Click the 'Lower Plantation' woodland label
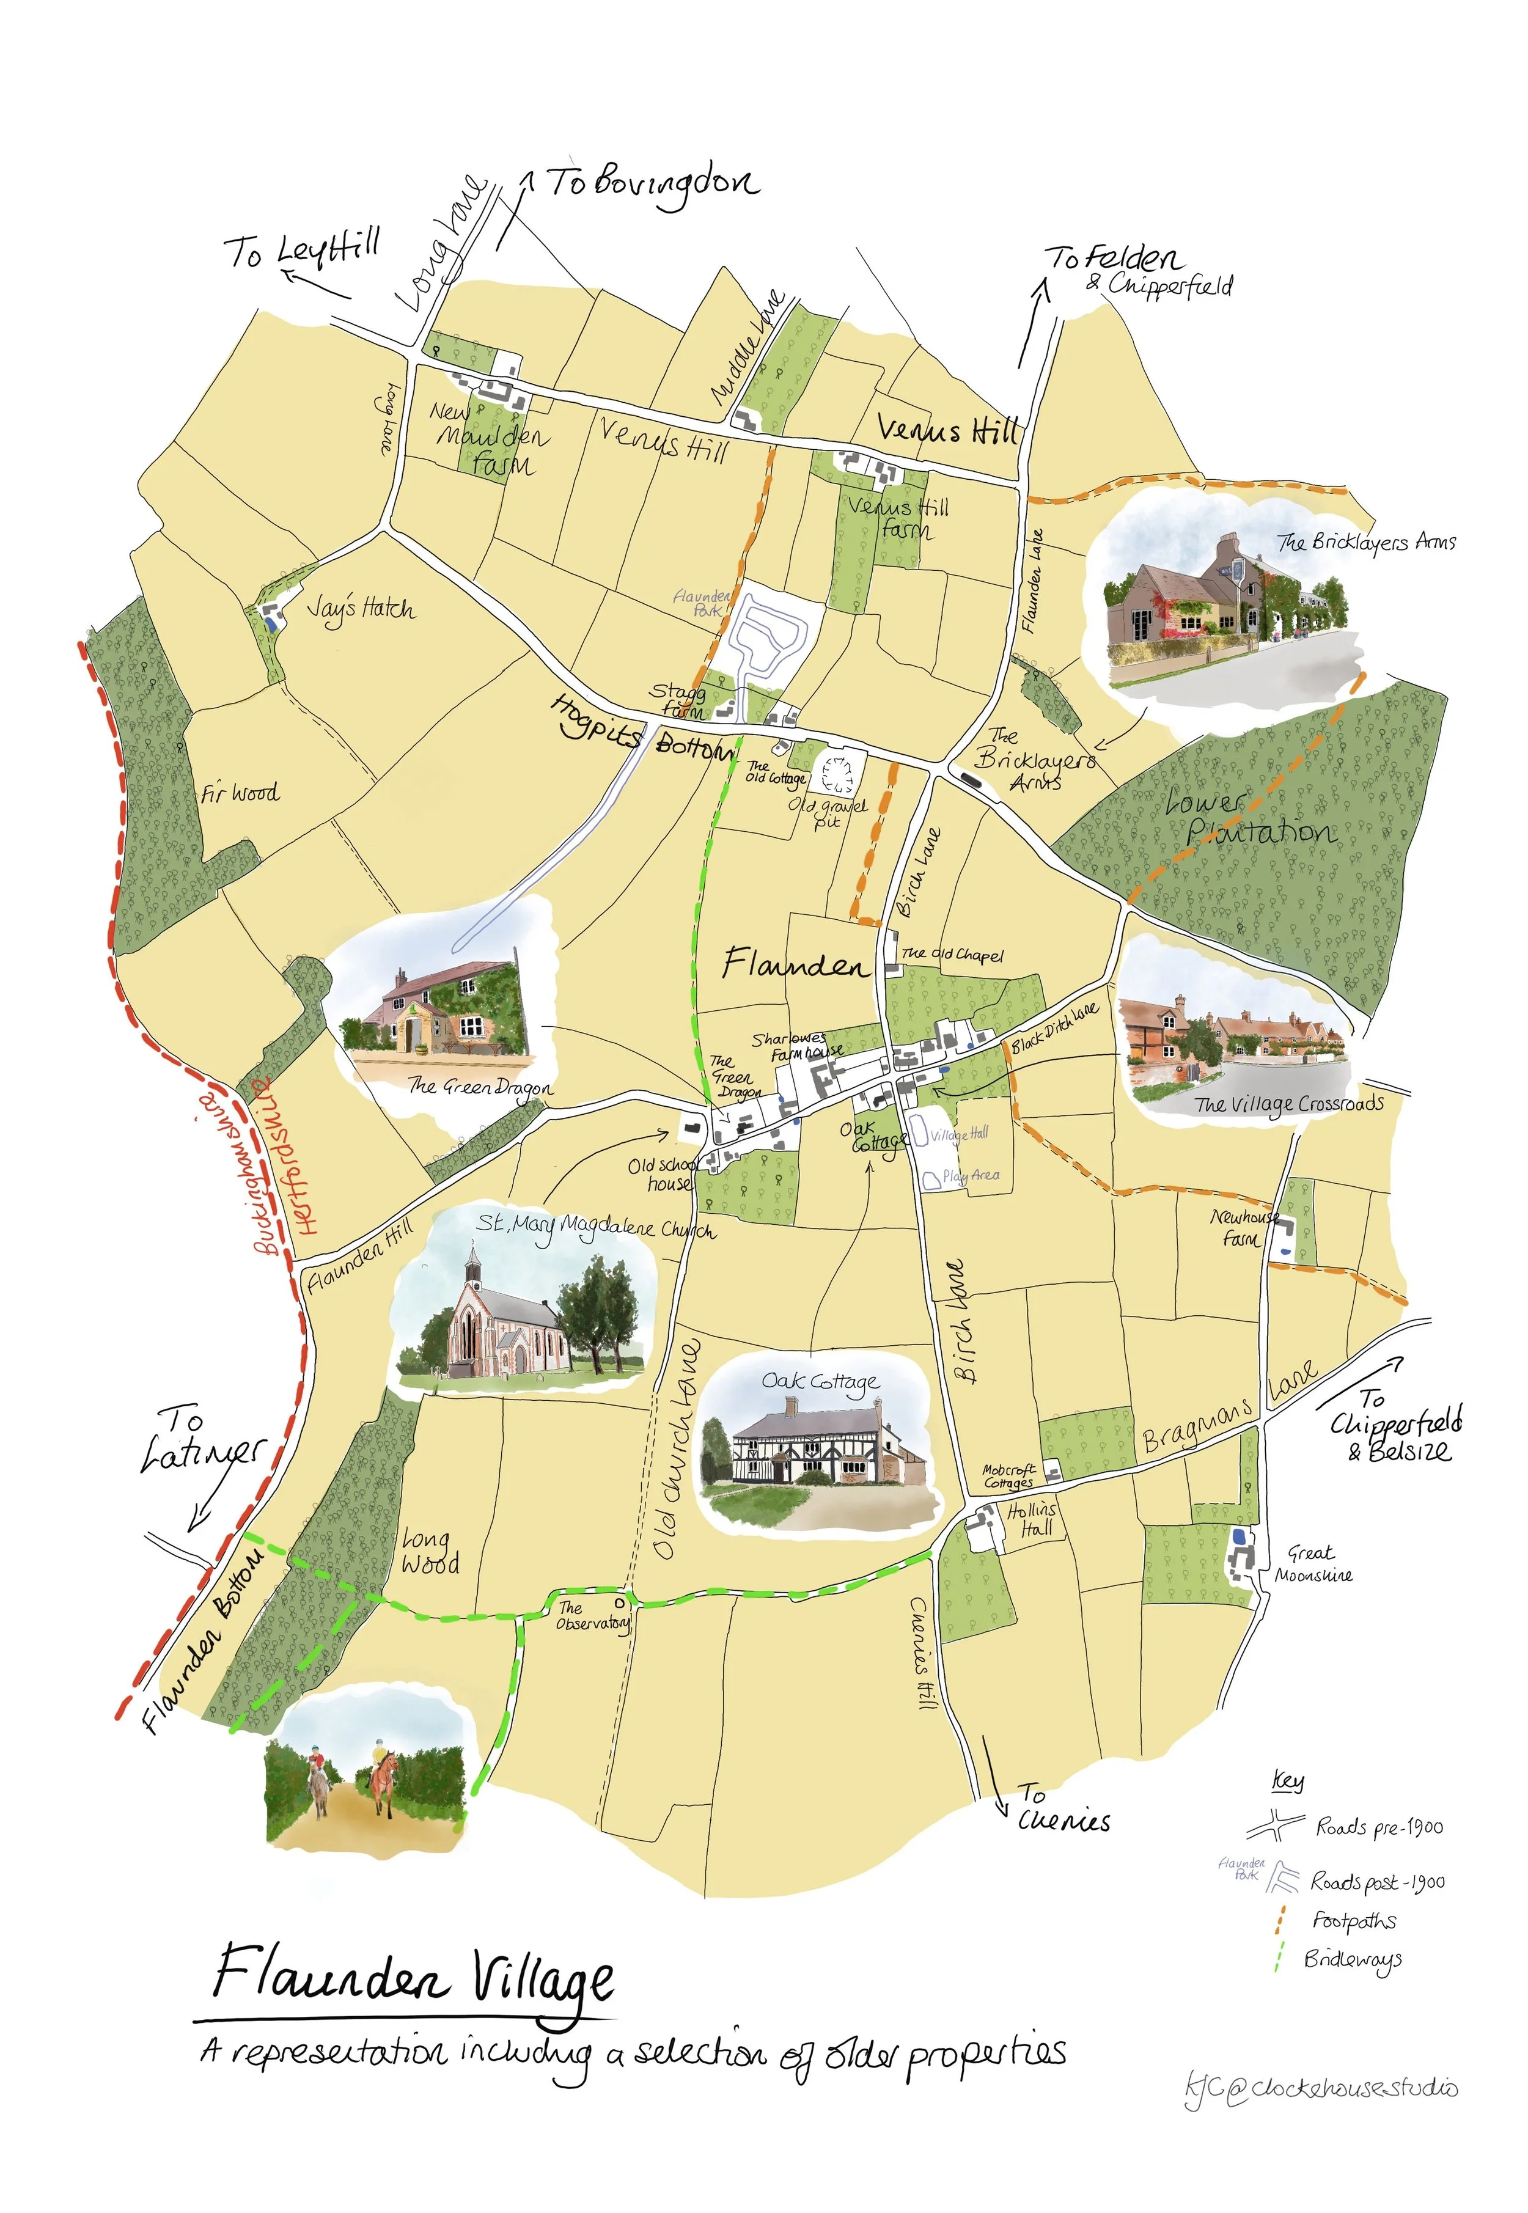click(x=1249, y=818)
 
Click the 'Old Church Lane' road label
click(x=678, y=1450)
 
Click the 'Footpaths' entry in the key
click(x=1354, y=1921)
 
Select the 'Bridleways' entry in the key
click(x=1352, y=1959)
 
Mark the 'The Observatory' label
click(x=592, y=1616)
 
